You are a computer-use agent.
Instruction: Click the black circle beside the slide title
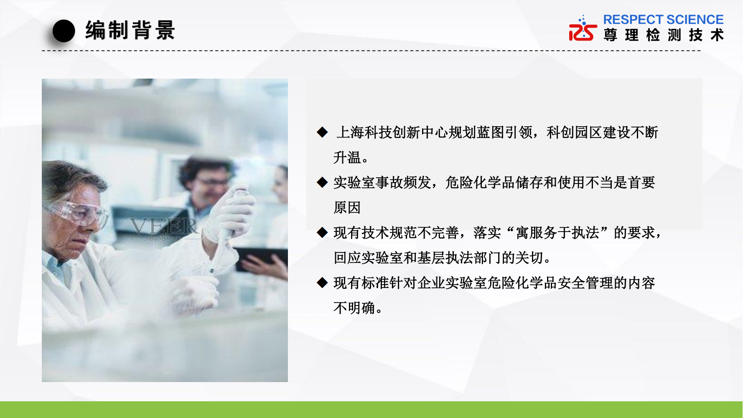point(64,31)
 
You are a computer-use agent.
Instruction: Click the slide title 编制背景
point(130,31)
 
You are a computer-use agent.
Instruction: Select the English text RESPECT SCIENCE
point(663,20)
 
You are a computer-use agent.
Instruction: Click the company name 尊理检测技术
point(664,35)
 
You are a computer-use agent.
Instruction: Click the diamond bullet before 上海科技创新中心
point(322,132)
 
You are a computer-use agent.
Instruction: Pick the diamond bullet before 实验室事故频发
point(322,182)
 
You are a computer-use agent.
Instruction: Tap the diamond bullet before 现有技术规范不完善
point(322,232)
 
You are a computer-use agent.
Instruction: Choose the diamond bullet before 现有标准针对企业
point(322,283)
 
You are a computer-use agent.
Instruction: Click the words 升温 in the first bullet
point(347,158)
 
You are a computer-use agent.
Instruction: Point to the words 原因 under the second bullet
point(347,208)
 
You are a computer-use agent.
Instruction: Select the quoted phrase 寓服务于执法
point(557,233)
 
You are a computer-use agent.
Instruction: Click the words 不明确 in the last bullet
point(354,308)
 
